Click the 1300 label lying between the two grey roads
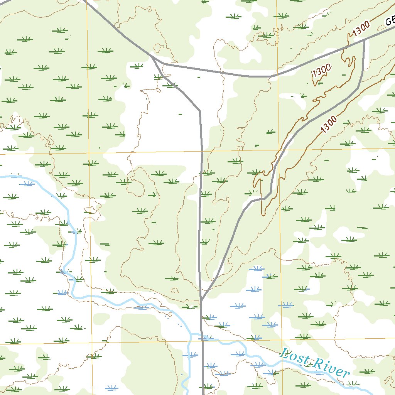click(321, 71)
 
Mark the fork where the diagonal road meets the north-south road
click(201, 301)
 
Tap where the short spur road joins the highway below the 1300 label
click(365, 39)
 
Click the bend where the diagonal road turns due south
click(200, 111)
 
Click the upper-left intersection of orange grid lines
click(88, 154)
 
